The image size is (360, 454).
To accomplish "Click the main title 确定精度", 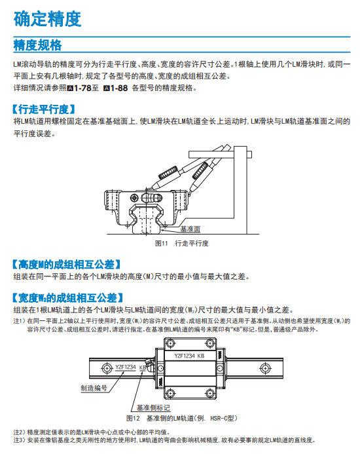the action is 48,19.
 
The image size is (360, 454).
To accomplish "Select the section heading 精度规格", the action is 37,45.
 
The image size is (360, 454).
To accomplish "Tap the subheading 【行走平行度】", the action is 44,109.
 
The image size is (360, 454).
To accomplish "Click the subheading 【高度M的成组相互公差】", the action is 66,265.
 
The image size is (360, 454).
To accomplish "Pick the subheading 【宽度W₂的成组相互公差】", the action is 68,298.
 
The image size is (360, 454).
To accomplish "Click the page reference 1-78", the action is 82,88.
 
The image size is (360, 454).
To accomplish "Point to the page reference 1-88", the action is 118,88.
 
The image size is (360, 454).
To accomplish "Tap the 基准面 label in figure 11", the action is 190,229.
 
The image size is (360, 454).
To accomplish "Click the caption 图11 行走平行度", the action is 182,243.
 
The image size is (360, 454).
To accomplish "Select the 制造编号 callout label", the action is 94,388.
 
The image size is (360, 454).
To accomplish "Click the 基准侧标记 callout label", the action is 153,407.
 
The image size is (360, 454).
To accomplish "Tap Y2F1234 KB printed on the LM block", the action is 189,356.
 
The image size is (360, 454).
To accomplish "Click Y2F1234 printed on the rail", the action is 126,367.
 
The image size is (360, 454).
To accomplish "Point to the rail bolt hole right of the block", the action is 265,368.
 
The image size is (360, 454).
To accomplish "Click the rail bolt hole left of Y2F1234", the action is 107,368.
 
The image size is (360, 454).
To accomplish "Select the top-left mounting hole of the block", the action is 170,344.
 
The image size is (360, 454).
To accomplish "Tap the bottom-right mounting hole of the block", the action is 209,393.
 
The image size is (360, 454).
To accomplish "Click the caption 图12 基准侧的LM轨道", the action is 182,419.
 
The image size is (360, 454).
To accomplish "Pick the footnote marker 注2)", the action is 20,432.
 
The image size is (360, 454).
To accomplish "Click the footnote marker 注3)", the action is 20,440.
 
